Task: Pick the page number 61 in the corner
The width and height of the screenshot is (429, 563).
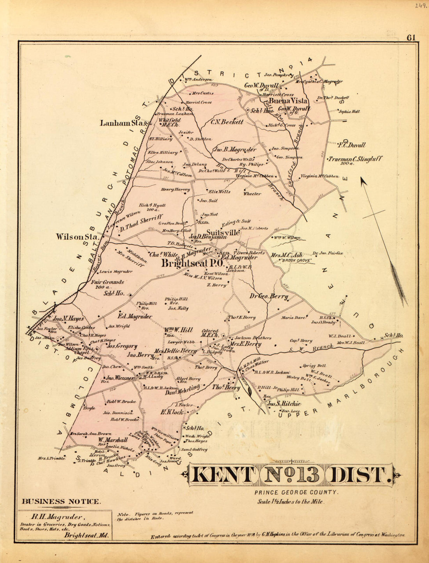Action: click(x=412, y=38)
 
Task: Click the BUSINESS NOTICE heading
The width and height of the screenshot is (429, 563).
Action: click(x=62, y=501)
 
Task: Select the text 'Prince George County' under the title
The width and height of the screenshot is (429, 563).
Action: click(x=296, y=492)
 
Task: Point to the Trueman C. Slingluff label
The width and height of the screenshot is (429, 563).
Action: click(x=355, y=159)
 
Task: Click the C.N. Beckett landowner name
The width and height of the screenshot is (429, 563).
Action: click(x=227, y=122)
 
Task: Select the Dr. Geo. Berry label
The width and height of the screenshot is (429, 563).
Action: click(x=269, y=296)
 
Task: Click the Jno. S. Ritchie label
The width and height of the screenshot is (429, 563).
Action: click(x=284, y=404)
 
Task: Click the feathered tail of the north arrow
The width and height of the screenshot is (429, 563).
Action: click(x=399, y=281)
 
